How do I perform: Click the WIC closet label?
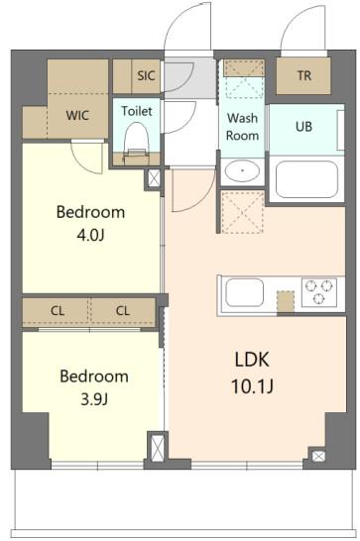pyautogui.click(x=77, y=115)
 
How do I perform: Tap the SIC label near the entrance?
pyautogui.click(x=147, y=74)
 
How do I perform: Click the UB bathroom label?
pyautogui.click(x=304, y=127)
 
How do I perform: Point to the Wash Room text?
pyautogui.click(x=242, y=126)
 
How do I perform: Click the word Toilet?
pyautogui.click(x=136, y=112)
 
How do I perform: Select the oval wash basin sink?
pyautogui.click(x=241, y=170)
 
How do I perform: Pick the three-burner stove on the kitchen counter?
pyautogui.click(x=320, y=292)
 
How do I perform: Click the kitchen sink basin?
pyautogui.click(x=244, y=293)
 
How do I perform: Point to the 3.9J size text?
pyautogui.click(x=93, y=400)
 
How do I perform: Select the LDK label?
pyautogui.click(x=253, y=359)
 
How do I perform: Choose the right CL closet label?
pyautogui.click(x=122, y=311)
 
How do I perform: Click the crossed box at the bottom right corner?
pyautogui.click(x=317, y=457)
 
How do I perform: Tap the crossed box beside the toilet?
pyautogui.click(x=154, y=179)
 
